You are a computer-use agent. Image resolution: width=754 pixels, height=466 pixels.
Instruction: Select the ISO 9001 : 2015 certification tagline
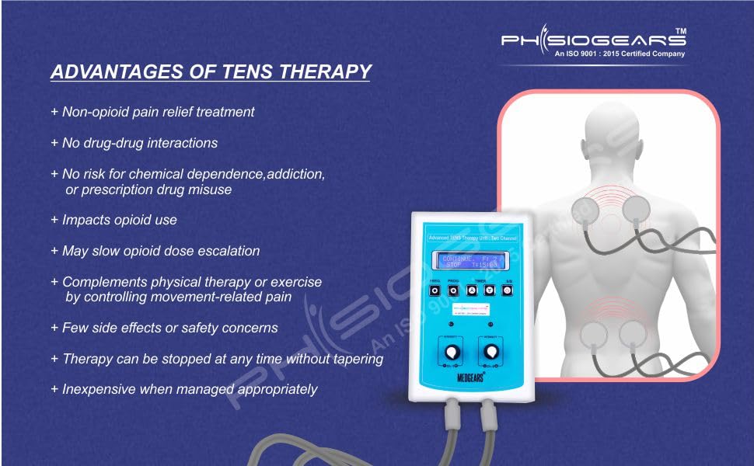point(619,54)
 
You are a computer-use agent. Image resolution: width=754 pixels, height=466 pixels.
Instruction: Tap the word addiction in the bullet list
point(296,175)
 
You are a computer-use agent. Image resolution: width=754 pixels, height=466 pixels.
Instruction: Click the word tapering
point(358,359)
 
